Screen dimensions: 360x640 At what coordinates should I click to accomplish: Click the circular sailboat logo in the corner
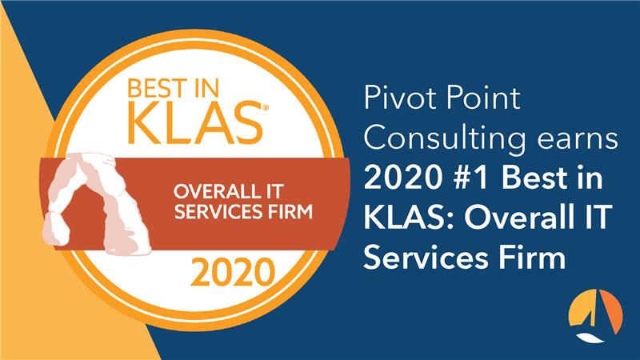point(593,315)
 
